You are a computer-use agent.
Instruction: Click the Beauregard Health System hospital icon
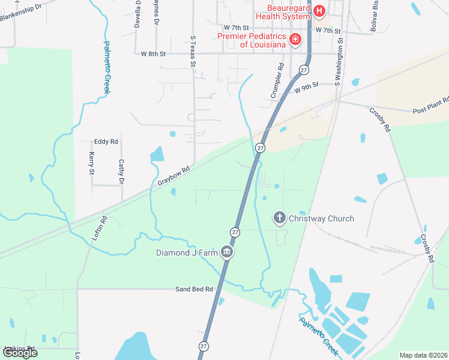[319, 11]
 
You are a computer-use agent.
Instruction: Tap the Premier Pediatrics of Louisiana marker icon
[295, 40]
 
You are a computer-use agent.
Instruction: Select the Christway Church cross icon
[279, 218]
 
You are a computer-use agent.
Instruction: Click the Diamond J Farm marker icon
[227, 252]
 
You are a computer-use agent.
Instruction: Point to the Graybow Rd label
[173, 175]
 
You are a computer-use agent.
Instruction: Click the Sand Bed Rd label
[194, 289]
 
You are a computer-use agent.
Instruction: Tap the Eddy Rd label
[106, 142]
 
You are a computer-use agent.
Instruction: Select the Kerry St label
[92, 163]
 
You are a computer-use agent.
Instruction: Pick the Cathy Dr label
[121, 172]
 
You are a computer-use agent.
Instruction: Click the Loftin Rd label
[99, 229]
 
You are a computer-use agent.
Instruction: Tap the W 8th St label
[153, 54]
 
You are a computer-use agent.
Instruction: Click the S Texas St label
[193, 53]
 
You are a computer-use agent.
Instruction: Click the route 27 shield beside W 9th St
[304, 70]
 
